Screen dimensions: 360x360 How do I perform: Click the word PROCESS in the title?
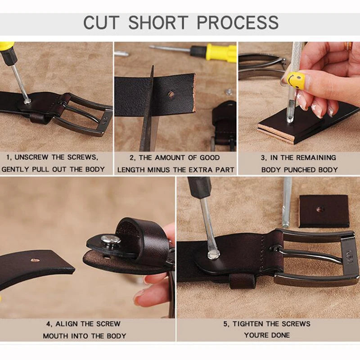tap(238, 22)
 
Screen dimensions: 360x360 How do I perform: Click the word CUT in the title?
tap(101, 22)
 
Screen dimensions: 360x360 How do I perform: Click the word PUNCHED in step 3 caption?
tap(299, 170)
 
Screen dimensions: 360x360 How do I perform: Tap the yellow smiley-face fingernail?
tap(296, 80)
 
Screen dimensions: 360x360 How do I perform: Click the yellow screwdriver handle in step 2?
tap(221, 53)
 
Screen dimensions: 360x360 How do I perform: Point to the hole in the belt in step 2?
tap(171, 94)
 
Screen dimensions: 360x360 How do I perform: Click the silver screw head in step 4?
tap(111, 239)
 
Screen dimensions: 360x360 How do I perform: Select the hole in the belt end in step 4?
tap(35, 260)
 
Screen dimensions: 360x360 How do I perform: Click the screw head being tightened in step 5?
tap(213, 254)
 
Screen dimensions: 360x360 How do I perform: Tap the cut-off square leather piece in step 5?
tap(324, 211)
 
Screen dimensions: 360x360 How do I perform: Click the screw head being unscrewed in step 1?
tap(27, 100)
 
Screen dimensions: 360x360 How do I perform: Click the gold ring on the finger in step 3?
tap(348, 46)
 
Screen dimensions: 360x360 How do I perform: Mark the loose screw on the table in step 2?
tap(228, 91)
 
